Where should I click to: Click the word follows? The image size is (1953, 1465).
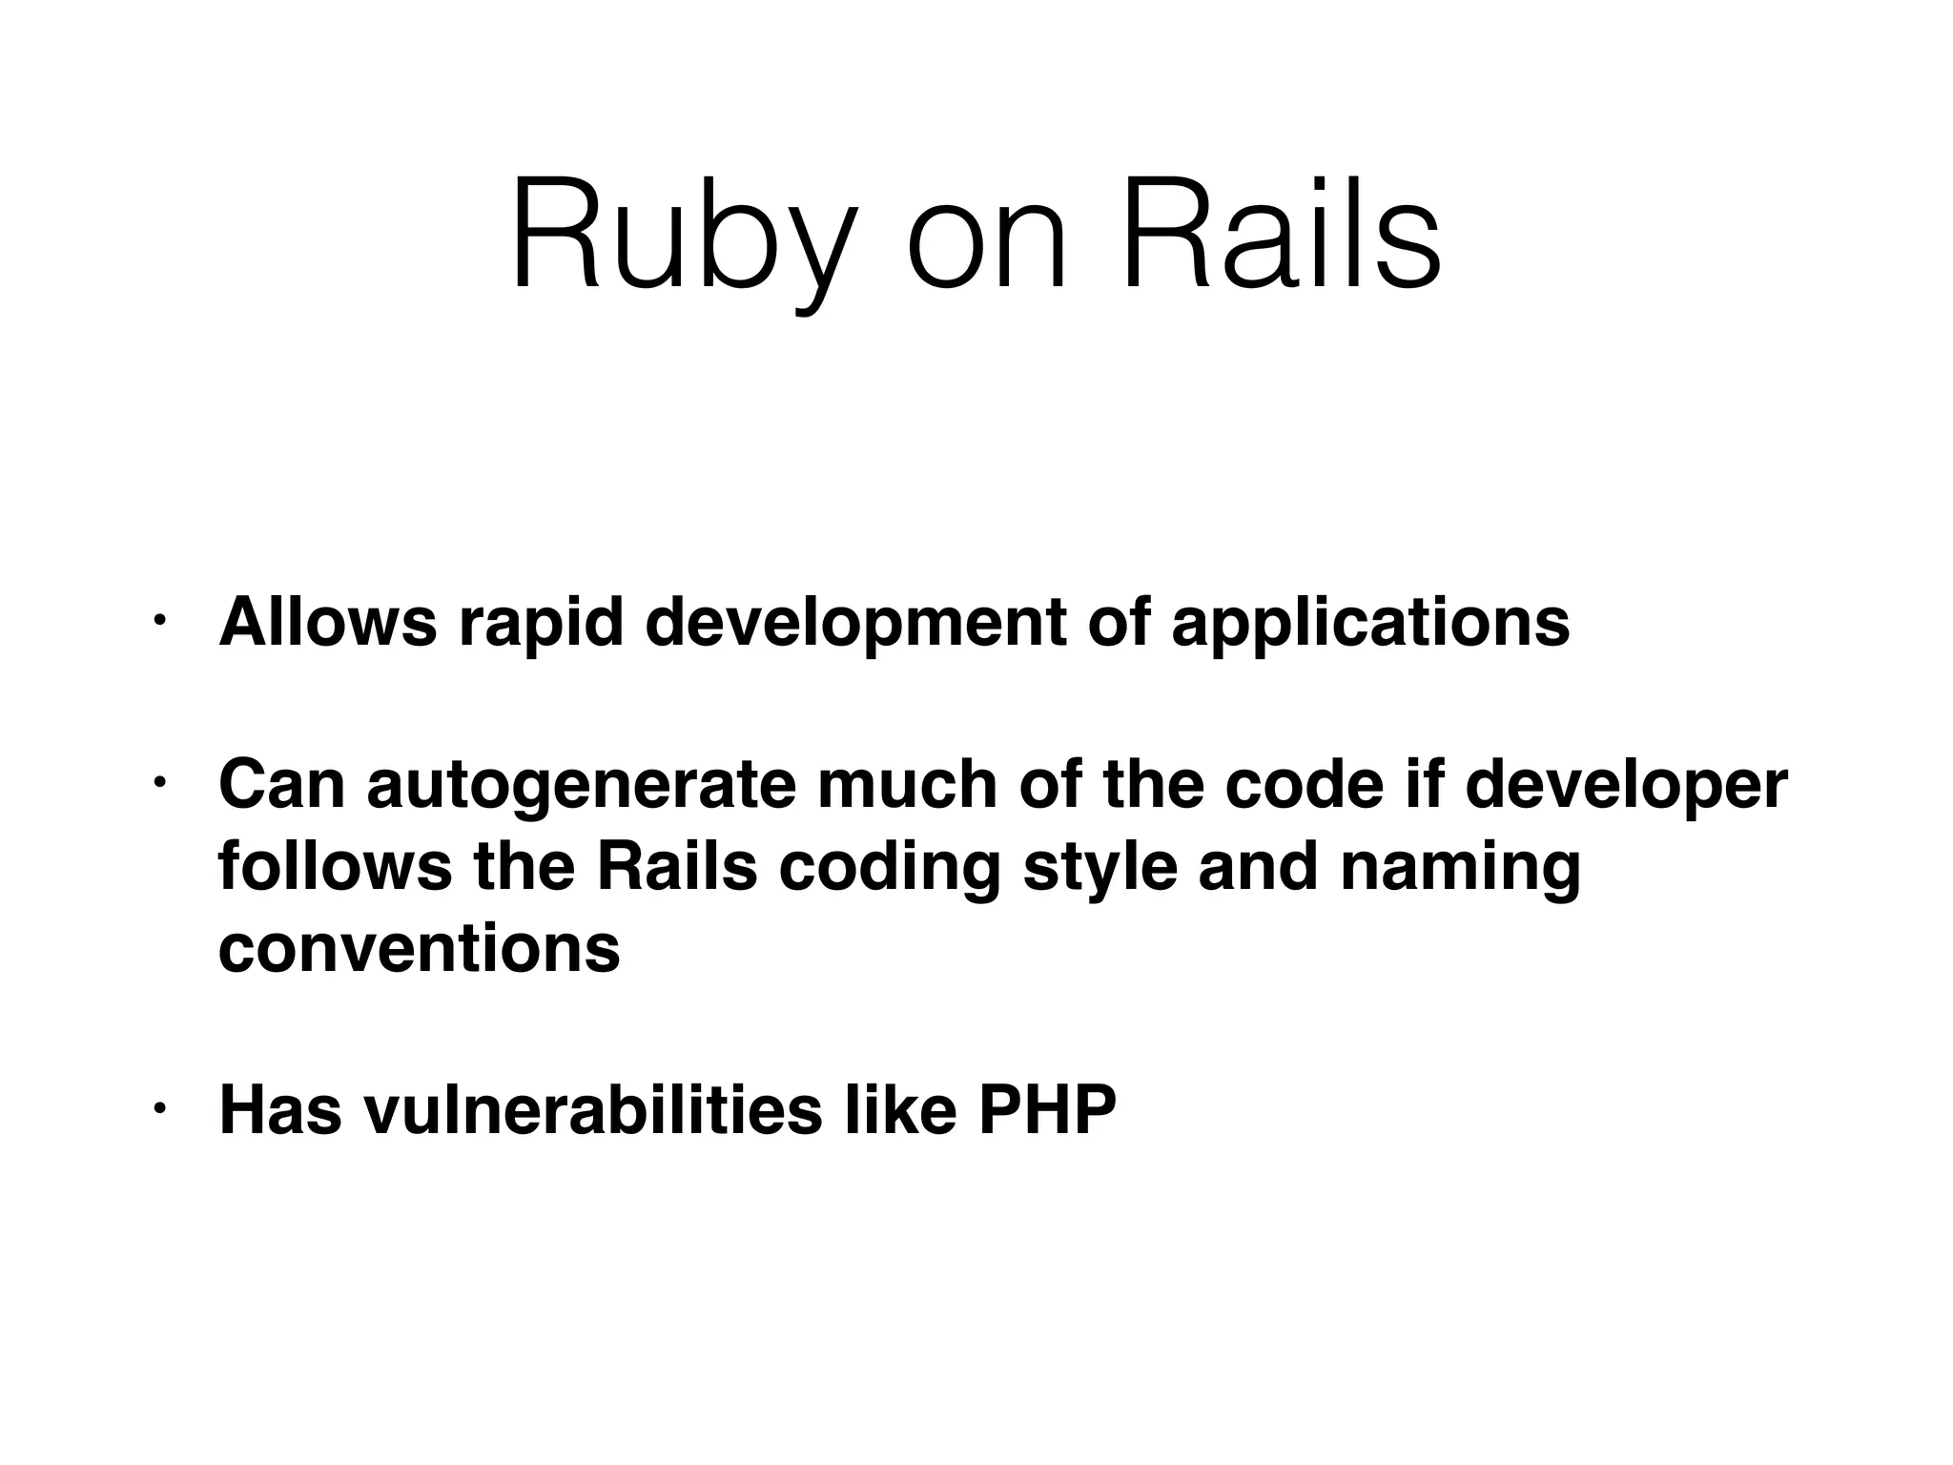335,866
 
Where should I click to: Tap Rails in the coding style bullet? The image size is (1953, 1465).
676,866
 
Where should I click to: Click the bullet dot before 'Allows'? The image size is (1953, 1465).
159,622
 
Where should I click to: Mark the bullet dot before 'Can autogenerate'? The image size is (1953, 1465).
159,784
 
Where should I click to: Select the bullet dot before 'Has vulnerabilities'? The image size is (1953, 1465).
159,1109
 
